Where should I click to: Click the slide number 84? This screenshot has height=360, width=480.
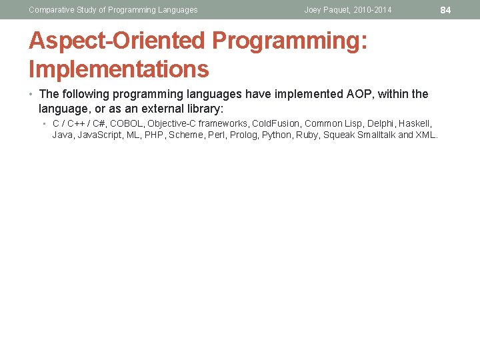[446, 10]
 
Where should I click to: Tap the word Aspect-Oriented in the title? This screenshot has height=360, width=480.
[117, 41]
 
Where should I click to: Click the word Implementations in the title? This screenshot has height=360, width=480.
[119, 69]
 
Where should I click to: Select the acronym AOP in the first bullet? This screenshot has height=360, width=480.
[360, 94]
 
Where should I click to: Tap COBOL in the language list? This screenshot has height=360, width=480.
[127, 123]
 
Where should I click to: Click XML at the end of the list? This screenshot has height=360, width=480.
[427, 135]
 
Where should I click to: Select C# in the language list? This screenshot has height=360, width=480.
[97, 123]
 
